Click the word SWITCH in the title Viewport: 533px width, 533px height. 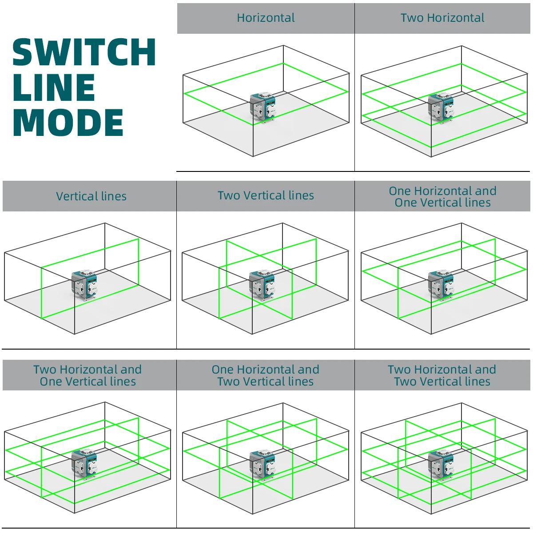click(x=84, y=52)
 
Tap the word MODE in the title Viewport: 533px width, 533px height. click(x=68, y=123)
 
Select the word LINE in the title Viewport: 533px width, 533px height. click(x=54, y=88)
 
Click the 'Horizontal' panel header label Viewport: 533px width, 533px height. click(x=266, y=18)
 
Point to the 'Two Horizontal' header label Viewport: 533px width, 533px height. click(x=442, y=18)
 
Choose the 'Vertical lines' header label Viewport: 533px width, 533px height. click(x=91, y=196)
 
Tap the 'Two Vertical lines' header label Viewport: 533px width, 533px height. click(x=266, y=195)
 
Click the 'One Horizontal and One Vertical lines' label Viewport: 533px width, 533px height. click(x=442, y=197)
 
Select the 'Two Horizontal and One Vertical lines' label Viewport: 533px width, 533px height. click(x=88, y=375)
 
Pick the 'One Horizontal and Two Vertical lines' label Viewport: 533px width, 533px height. click(x=265, y=375)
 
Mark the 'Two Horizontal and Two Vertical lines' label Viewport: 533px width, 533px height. click(x=442, y=375)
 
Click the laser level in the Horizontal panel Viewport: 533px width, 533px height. click(x=263, y=107)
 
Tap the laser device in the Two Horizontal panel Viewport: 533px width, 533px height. click(x=441, y=107)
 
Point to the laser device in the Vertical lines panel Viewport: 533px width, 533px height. click(x=84, y=286)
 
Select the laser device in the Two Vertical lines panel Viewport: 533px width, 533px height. click(x=263, y=286)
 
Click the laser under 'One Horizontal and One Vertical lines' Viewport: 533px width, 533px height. click(x=441, y=286)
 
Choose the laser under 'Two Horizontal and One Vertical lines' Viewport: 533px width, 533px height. click(x=84, y=464)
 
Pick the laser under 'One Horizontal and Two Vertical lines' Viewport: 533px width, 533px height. click(x=263, y=465)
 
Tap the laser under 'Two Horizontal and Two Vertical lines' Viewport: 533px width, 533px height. click(x=441, y=465)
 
